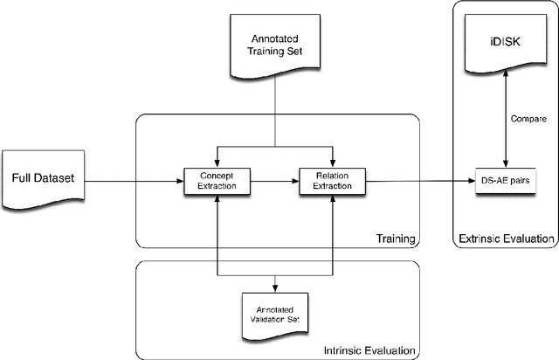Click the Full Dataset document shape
pyautogui.click(x=43, y=180)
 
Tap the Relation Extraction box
pyautogui.click(x=333, y=181)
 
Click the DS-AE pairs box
pyautogui.click(x=503, y=181)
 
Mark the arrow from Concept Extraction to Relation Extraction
pyautogui.click(x=273, y=181)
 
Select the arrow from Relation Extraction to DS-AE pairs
pyautogui.click(x=419, y=181)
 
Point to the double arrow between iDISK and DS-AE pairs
pyautogui.click(x=503, y=118)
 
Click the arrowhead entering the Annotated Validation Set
pyautogui.click(x=276, y=287)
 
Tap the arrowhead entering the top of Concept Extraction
pyautogui.click(x=215, y=162)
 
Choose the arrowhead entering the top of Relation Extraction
pyautogui.click(x=333, y=162)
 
